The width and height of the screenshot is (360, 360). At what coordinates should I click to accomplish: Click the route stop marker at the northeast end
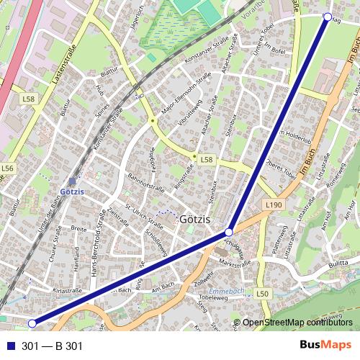[x=328, y=16]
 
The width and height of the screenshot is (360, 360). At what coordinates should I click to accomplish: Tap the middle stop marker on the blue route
[x=228, y=232]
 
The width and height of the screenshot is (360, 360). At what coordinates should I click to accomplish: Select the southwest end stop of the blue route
[x=31, y=323]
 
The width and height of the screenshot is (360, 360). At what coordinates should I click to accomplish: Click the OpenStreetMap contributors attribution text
[x=298, y=323]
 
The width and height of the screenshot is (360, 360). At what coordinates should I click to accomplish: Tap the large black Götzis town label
[x=194, y=218]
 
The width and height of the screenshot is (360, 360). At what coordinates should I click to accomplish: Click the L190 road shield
[x=272, y=205]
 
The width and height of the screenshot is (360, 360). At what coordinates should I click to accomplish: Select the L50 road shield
[x=262, y=294]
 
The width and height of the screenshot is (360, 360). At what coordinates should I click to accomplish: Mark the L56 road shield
[x=8, y=168]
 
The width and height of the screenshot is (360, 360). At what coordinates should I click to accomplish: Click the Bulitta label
[x=332, y=266]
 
